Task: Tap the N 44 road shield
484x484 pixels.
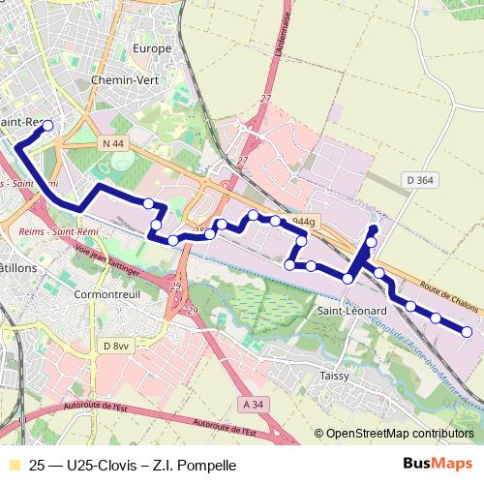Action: (112, 143)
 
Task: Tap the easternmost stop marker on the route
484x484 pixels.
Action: (467, 332)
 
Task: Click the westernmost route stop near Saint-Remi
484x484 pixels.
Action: (47, 125)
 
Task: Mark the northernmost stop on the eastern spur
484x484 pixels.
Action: (374, 229)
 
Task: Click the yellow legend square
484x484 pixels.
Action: (13, 465)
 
